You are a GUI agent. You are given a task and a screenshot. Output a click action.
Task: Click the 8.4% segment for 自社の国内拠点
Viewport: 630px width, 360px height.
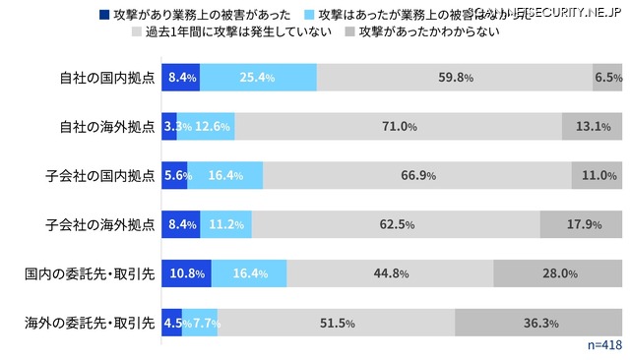[181, 77]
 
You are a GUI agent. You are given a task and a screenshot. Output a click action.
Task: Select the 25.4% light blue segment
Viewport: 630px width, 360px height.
[258, 77]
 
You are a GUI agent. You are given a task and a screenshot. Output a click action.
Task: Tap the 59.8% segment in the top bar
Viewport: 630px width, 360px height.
[455, 77]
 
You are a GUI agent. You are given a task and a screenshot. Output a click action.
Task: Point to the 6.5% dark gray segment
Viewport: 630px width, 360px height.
[607, 77]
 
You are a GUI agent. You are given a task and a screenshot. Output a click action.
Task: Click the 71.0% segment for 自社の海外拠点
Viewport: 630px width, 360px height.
[399, 126]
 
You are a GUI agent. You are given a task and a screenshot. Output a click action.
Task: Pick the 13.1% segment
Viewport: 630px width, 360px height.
[592, 126]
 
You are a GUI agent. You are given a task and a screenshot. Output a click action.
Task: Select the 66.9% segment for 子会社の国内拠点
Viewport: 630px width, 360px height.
[417, 175]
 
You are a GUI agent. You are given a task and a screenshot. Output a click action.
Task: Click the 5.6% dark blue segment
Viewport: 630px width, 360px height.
[175, 175]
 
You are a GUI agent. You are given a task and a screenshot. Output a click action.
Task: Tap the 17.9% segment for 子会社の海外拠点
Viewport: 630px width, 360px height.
[581, 224]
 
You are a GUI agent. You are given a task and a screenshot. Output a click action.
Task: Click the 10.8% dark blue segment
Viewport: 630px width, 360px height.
[187, 273]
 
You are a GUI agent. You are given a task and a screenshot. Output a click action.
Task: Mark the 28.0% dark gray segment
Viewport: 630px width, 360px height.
[557, 273]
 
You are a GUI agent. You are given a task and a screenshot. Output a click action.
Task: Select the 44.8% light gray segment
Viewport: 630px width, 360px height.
[390, 273]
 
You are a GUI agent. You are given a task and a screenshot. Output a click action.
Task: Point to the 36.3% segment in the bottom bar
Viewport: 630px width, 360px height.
[538, 323]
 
